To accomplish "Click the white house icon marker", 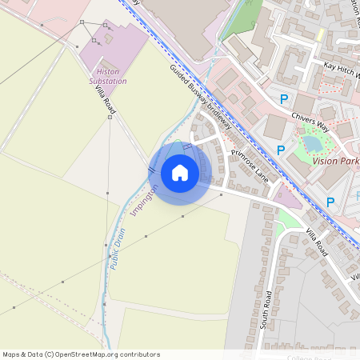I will pos(180,173).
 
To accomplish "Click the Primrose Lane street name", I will pos(254,165).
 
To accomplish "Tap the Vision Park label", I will pos(335,160).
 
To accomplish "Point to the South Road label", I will pos(268,307).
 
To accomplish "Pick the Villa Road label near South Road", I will pos(317,242).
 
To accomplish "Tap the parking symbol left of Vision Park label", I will pos(281,150).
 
